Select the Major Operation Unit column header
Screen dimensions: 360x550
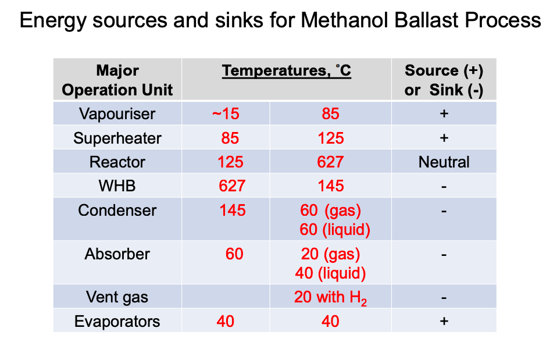pos(117,80)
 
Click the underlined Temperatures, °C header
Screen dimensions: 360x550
pos(286,71)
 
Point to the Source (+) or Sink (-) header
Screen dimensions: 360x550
pos(444,80)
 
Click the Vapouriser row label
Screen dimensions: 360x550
pos(117,113)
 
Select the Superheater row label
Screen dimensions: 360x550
pos(117,138)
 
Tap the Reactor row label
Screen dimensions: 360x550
pos(117,162)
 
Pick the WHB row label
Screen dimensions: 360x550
pos(117,186)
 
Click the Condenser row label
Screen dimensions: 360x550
pos(117,210)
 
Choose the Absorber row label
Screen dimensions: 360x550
pos(117,254)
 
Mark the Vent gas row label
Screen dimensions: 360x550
pos(117,297)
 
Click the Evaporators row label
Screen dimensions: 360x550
pos(117,322)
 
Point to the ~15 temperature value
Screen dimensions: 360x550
pos(226,113)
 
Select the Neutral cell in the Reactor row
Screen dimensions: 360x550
pos(444,162)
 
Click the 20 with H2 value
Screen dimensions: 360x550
pos(330,297)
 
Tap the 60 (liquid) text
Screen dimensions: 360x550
pos(335,229)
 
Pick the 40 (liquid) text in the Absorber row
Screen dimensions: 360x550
pos(330,273)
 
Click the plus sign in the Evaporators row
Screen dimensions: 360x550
pos(444,321)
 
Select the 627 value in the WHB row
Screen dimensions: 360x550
pos(232,186)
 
